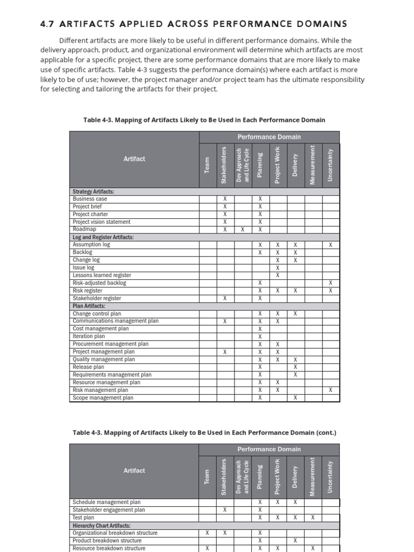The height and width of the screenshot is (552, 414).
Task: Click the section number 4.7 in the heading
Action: tap(49, 24)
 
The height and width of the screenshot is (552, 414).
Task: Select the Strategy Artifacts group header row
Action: tap(93, 191)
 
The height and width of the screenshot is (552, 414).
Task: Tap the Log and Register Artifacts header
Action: tap(103, 237)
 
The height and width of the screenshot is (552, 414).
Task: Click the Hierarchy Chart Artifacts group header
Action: tap(101, 525)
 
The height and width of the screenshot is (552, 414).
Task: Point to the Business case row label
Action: tap(90, 199)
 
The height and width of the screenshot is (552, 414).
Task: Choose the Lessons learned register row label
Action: tap(102, 275)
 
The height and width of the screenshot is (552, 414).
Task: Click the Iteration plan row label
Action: tap(89, 336)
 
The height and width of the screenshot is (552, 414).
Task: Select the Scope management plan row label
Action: tap(103, 398)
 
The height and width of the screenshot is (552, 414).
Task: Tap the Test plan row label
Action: tap(83, 517)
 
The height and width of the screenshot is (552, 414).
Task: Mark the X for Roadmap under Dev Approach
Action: tap(243, 230)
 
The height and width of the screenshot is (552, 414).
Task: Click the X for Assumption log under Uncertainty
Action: tap(330, 245)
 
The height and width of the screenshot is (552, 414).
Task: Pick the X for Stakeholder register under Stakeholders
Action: tap(225, 298)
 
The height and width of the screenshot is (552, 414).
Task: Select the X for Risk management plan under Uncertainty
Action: tap(330, 390)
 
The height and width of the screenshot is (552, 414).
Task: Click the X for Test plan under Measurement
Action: tap(313, 517)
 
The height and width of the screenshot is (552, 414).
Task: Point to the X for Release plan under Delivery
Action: tap(295, 367)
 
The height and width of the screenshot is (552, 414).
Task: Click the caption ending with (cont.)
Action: tap(204, 432)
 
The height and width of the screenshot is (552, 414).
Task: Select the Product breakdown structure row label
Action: tap(107, 541)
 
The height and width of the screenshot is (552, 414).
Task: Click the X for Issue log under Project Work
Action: tap(278, 267)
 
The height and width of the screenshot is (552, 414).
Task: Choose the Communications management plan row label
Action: tap(115, 321)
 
